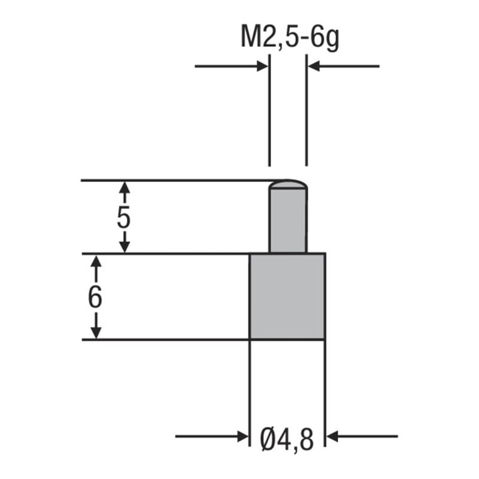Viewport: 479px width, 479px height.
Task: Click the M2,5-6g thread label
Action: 290,39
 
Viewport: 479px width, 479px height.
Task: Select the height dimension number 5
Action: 123,217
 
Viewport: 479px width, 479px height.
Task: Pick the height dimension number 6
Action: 95,297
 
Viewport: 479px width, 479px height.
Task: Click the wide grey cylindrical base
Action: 287,296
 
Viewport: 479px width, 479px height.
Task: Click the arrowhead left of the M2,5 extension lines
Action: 262,66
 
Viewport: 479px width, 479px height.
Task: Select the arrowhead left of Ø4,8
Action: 242,436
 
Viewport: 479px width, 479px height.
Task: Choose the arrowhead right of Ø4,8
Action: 332,436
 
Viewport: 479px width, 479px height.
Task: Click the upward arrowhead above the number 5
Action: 124,187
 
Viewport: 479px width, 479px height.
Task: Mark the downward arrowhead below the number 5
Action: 124,246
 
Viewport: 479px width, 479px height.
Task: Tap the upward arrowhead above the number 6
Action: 95,261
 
